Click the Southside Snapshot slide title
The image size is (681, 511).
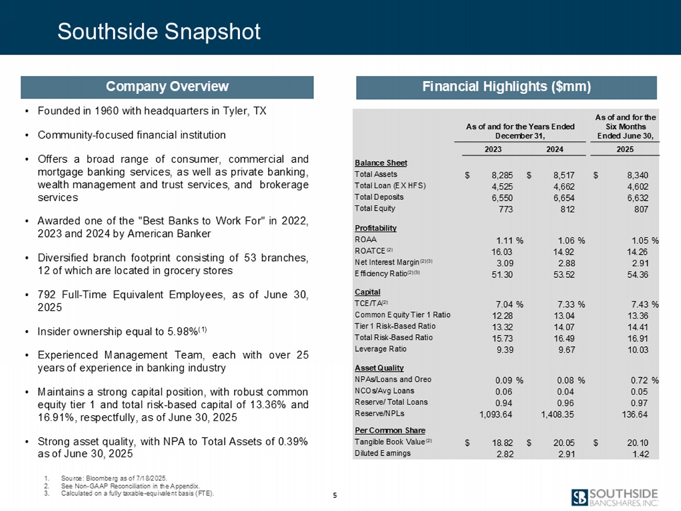pos(159,31)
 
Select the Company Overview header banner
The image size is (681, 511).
pos(167,87)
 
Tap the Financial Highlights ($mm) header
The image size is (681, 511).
pos(507,88)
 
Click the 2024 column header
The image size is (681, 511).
pos(554,149)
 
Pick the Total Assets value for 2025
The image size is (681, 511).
pos(638,175)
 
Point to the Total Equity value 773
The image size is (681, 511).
pos(506,210)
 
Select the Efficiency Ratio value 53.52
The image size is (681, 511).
pos(564,275)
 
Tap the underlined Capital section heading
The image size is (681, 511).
pos(367,292)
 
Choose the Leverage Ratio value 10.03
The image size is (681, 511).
pos(638,350)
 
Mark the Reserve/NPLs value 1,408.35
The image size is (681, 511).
pos(557,415)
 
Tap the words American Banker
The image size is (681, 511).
pos(169,234)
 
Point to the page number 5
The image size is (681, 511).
pos(335,495)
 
